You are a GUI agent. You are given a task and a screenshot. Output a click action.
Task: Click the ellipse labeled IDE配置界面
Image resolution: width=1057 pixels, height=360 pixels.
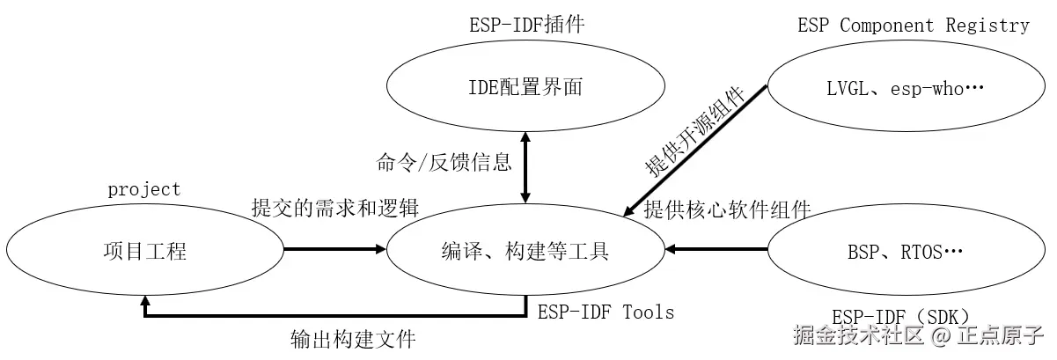point(525,87)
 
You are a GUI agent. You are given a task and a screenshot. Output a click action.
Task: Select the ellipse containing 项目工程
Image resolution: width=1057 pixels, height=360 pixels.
point(145,252)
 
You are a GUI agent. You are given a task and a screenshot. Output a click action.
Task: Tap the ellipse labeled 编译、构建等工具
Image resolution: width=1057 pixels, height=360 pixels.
point(525,252)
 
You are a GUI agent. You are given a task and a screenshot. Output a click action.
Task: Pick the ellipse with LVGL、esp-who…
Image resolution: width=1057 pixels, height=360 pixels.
point(907,87)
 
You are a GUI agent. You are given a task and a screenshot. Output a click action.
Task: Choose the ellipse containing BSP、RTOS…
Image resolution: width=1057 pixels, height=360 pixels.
point(907,252)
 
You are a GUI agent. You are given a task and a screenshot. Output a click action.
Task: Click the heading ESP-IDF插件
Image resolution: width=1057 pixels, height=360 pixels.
point(525,24)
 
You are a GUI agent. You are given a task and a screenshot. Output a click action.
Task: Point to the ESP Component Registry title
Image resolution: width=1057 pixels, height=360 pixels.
point(914,25)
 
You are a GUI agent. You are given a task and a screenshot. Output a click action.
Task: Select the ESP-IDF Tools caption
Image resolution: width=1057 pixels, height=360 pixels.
point(606,311)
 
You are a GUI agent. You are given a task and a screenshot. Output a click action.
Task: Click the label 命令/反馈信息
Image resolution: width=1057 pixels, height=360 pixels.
point(444,162)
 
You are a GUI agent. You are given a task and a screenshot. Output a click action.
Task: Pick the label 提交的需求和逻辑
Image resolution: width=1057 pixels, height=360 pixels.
point(334,209)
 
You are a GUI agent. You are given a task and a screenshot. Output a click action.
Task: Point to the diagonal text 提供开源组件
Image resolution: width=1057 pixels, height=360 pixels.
point(695,132)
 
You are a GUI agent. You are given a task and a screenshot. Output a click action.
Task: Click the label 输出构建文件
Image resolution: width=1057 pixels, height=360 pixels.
point(352,338)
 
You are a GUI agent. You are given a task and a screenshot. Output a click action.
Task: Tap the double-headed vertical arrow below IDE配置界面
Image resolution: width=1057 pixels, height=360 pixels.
point(525,167)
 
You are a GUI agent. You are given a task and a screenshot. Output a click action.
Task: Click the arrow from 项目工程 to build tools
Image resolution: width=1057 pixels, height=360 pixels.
point(335,250)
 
